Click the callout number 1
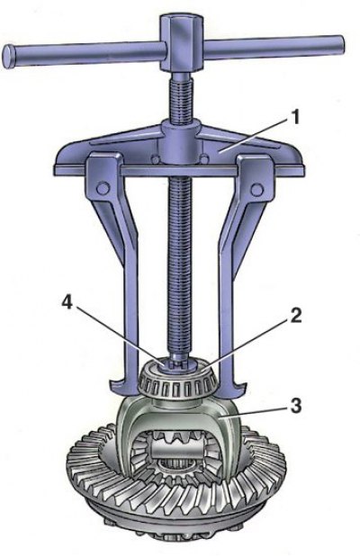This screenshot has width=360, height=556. click(x=293, y=117)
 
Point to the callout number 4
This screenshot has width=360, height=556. click(x=67, y=304)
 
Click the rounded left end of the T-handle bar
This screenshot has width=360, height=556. click(x=9, y=56)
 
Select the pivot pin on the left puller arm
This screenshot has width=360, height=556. click(x=103, y=187)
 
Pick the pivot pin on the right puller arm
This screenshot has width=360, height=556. click(x=256, y=189)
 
